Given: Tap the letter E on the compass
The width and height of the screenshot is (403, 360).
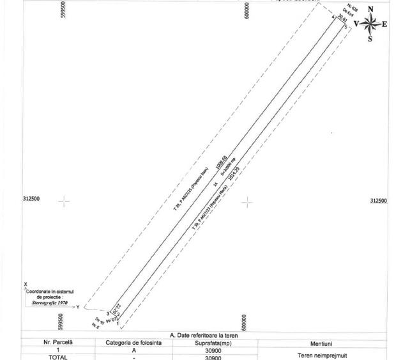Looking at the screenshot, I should [x=385, y=24].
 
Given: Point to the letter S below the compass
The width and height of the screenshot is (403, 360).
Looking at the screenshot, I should [x=370, y=39].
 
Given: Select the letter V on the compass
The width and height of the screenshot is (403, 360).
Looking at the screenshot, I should [x=356, y=24].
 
